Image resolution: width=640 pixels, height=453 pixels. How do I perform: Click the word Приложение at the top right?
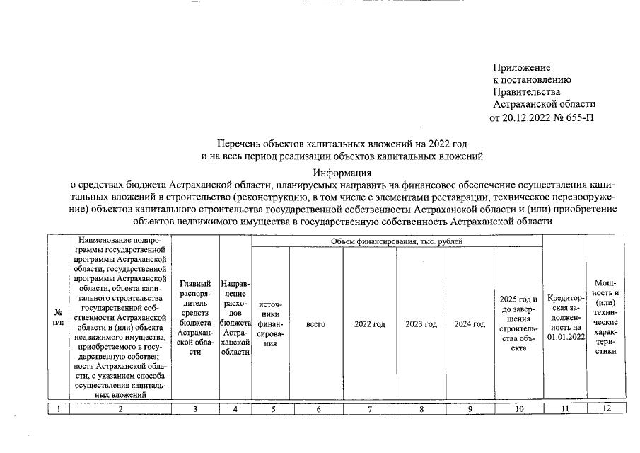[x=521, y=67]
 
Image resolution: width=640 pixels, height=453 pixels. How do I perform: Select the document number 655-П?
[x=578, y=117]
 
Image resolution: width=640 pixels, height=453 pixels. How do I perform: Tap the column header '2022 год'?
[x=369, y=324]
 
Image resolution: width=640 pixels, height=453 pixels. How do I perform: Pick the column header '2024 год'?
[x=470, y=324]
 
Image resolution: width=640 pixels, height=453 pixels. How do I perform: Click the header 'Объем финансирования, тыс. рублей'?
[x=397, y=242]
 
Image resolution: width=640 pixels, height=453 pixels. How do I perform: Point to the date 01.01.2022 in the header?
[x=565, y=336]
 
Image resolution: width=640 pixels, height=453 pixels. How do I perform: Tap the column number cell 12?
[x=606, y=408]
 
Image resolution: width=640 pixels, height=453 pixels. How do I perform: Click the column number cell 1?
[x=58, y=408]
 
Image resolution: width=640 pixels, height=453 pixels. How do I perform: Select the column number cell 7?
[x=369, y=408]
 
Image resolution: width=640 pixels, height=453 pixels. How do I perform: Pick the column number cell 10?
[x=519, y=408]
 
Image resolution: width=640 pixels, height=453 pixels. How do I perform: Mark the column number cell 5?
[x=269, y=408]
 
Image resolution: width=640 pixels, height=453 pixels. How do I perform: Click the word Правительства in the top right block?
[x=527, y=92]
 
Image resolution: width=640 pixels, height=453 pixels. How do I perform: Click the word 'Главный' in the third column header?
[x=194, y=284]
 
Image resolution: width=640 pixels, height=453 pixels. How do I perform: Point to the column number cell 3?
[x=194, y=408]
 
